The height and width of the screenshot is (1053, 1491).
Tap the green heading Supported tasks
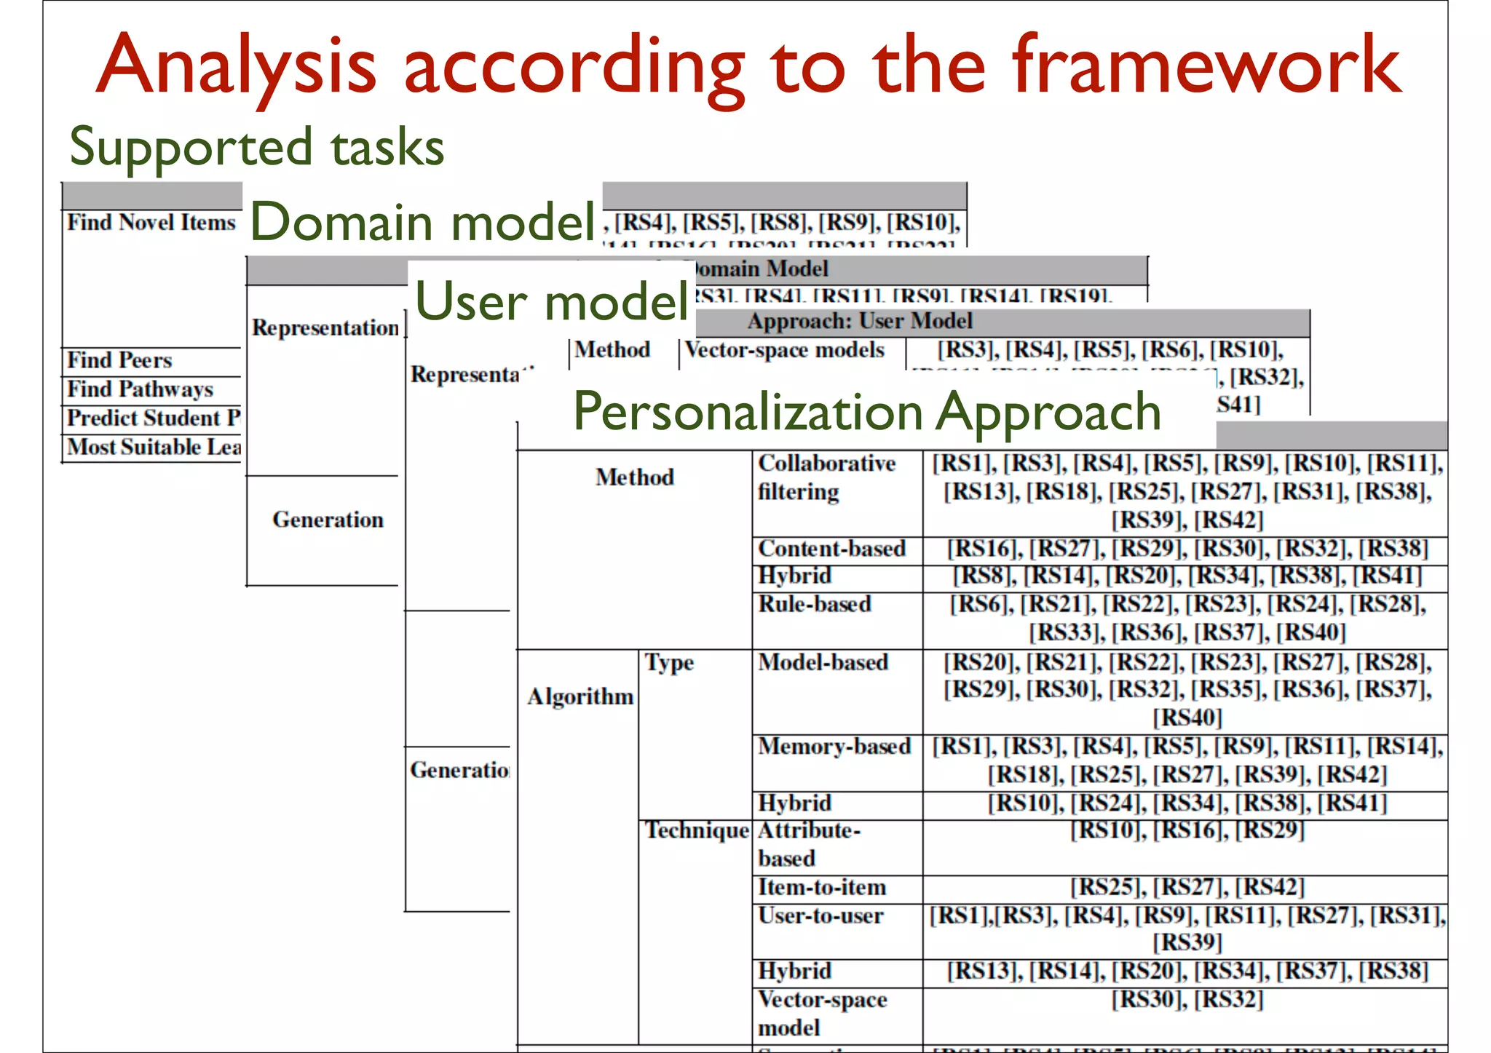[x=256, y=147]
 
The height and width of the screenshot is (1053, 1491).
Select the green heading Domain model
[x=422, y=222]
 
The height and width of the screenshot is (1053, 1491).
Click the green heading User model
[x=551, y=301]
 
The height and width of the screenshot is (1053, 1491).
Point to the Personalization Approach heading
[x=866, y=412]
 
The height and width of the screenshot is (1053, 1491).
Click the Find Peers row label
[x=120, y=360]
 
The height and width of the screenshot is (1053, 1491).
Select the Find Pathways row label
[x=141, y=389]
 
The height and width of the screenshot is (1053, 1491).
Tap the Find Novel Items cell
[x=151, y=223]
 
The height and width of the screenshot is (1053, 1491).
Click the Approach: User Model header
[x=859, y=321]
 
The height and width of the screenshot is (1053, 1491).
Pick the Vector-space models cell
[x=785, y=350]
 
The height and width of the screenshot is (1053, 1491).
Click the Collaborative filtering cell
[x=826, y=477]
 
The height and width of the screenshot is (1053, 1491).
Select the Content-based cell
[x=831, y=549]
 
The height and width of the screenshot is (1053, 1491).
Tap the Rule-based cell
[x=815, y=605]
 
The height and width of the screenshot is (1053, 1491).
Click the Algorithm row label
[x=580, y=697]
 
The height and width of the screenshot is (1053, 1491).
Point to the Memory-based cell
[x=834, y=747]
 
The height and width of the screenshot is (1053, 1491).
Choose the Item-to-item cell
[x=822, y=888]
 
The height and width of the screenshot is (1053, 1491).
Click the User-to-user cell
[x=820, y=916]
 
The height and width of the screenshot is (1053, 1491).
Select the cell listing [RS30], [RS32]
[x=1187, y=1000]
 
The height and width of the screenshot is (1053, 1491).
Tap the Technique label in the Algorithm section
[x=697, y=830]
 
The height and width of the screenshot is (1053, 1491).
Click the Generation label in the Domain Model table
[x=328, y=520]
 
